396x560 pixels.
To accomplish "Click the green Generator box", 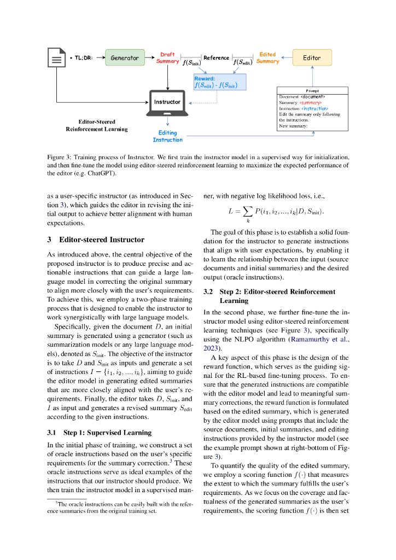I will click(x=125, y=57).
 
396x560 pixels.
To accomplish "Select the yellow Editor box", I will click(x=312, y=57).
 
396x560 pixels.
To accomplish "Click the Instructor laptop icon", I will click(x=167, y=104).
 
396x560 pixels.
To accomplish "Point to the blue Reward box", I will click(x=220, y=82).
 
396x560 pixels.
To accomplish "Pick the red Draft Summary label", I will click(x=167, y=58).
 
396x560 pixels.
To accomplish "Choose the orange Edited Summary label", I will click(x=267, y=58).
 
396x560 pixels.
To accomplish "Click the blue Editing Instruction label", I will click(x=167, y=136).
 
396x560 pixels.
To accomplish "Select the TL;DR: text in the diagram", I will click(x=81, y=57).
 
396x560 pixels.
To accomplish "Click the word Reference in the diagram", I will click(x=216, y=57).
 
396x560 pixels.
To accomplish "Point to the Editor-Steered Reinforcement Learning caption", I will click(x=97, y=125).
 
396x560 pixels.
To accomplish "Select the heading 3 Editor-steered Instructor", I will click(x=96, y=240).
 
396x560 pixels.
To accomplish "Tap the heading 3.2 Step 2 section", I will click(x=269, y=296).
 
